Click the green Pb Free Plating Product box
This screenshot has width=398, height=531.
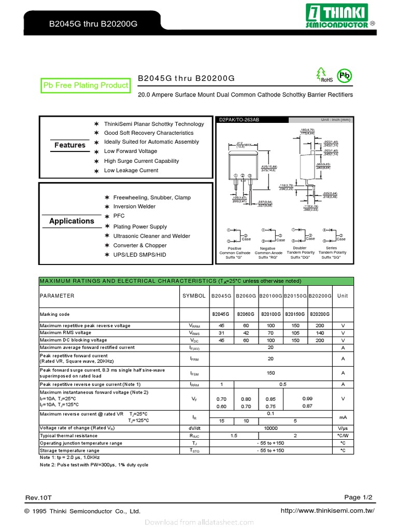[x=86, y=86]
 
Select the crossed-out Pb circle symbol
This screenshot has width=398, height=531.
[x=344, y=76]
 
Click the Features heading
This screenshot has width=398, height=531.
[x=70, y=145]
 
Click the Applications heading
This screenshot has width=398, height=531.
[x=72, y=221]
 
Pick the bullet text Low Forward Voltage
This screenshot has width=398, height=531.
[x=131, y=151]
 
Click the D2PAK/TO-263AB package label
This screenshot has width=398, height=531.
[x=239, y=120]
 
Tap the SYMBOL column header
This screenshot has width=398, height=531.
[x=194, y=296]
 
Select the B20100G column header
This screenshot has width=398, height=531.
[x=271, y=296]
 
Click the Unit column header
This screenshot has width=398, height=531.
[x=343, y=296]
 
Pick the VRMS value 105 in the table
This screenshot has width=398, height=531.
[x=295, y=333]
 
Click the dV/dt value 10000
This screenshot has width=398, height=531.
[x=271, y=428]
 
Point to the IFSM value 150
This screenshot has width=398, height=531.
[x=271, y=373]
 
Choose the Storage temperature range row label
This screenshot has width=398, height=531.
[x=69, y=451]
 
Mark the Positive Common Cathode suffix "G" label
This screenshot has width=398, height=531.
[x=235, y=253]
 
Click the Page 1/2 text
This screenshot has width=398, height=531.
[x=359, y=497]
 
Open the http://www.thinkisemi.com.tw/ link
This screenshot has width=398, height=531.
[x=327, y=511]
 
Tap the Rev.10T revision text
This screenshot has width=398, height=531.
[x=39, y=498]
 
